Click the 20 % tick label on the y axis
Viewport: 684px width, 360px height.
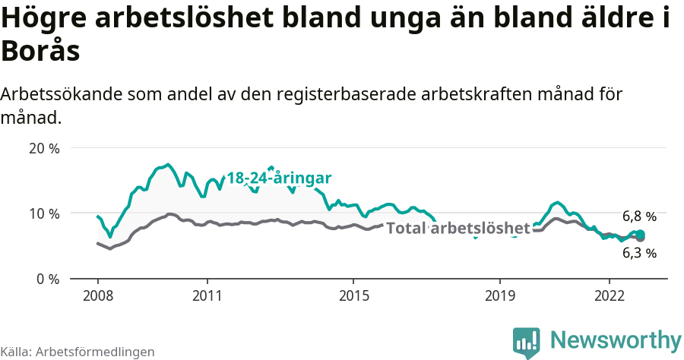point(43,148)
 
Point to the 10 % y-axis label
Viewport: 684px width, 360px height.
point(43,213)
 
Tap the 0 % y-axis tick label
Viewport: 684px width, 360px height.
point(47,279)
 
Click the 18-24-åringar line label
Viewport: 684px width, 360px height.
point(279,178)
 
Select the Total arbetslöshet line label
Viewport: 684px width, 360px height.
point(458,229)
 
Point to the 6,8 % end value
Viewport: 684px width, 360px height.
point(639,216)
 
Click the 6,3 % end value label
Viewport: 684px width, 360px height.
point(639,254)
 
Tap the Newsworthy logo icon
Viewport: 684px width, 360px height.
point(527,342)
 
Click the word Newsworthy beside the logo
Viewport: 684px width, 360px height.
point(616,339)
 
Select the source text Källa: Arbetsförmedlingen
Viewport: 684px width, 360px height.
point(78,352)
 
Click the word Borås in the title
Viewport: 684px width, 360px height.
point(41,52)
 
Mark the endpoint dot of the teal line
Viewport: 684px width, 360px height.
point(641,234)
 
